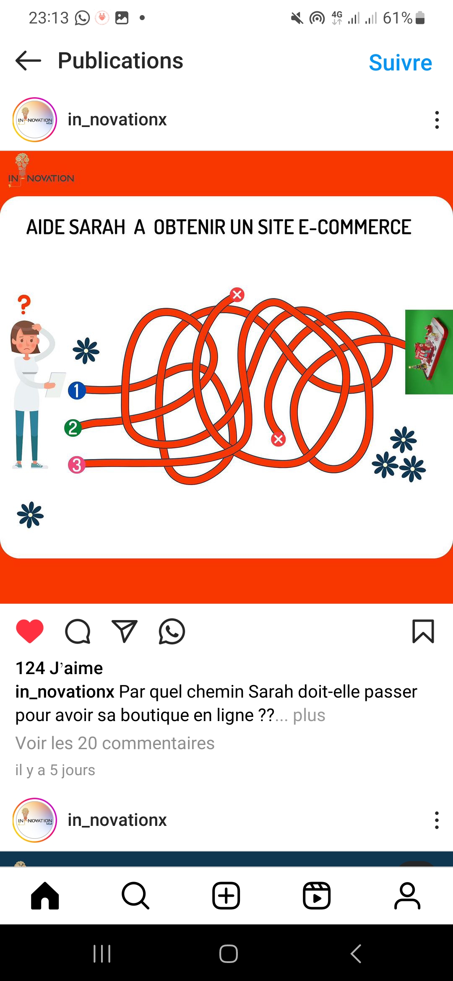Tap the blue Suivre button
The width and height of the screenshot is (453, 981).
(400, 63)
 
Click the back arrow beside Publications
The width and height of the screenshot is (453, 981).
(29, 61)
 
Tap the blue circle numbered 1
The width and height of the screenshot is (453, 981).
(77, 390)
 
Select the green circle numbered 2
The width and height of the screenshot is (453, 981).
(73, 428)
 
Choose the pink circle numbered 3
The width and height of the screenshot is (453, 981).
(77, 465)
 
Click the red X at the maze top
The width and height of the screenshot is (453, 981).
(237, 295)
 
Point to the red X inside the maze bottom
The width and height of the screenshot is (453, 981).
(278, 439)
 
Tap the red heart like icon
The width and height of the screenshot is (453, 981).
(30, 631)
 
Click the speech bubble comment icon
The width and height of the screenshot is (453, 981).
(78, 631)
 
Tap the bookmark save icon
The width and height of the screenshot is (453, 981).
(423, 631)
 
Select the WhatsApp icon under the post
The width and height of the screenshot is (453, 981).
(172, 631)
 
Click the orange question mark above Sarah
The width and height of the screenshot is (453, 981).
(24, 305)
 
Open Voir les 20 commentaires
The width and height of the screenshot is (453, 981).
(115, 743)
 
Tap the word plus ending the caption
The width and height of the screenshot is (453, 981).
(309, 716)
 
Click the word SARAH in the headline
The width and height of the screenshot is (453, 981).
(97, 227)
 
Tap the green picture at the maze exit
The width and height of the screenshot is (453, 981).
(429, 352)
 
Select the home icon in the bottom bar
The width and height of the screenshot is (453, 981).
(45, 895)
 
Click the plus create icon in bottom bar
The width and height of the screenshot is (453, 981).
(226, 895)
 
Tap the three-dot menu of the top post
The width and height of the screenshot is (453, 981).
(437, 120)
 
